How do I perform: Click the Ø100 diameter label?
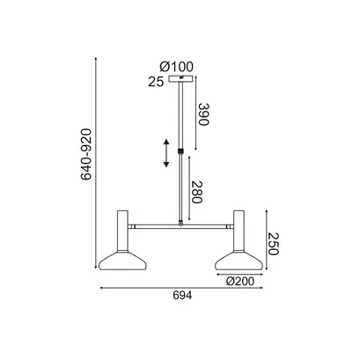[x=177, y=67]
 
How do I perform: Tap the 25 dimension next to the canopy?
[x=156, y=82]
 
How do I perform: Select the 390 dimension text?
[x=203, y=114]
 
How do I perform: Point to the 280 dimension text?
[x=197, y=192]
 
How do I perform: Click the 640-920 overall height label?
[x=86, y=154]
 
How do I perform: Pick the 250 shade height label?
[x=273, y=244]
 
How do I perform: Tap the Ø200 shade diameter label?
[x=240, y=282]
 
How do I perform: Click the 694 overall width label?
[x=182, y=296]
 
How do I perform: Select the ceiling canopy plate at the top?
[x=181, y=78]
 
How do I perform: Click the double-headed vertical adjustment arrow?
[x=166, y=153]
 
